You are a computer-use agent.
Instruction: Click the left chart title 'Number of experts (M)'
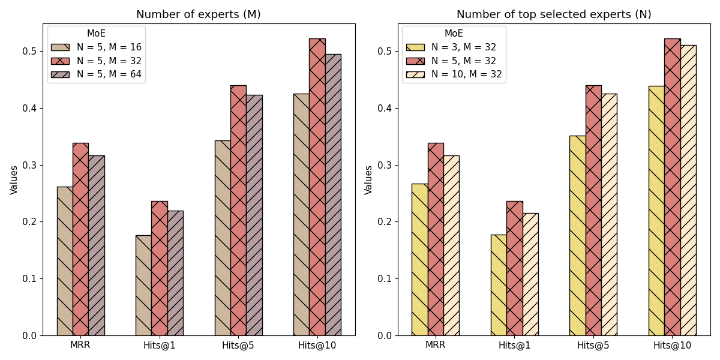coord(198,14)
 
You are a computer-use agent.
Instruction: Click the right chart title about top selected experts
coord(553,14)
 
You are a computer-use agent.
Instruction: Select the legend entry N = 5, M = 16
coord(109,47)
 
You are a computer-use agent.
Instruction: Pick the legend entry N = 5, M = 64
coord(109,74)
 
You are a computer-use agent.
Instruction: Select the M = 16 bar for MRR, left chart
coord(65,261)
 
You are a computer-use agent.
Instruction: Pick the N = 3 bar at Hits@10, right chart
coord(656,211)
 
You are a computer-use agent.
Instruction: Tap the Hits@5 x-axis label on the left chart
coord(238,345)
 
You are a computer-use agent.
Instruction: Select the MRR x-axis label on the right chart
coord(435,345)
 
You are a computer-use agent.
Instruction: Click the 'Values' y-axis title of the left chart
coord(14,179)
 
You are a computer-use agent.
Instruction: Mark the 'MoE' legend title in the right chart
coord(454,34)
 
